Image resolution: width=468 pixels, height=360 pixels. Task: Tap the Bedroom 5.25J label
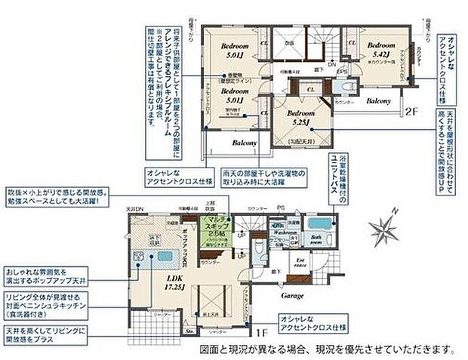tap(300, 114)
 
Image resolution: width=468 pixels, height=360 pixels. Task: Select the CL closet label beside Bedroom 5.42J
tap(353, 44)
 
